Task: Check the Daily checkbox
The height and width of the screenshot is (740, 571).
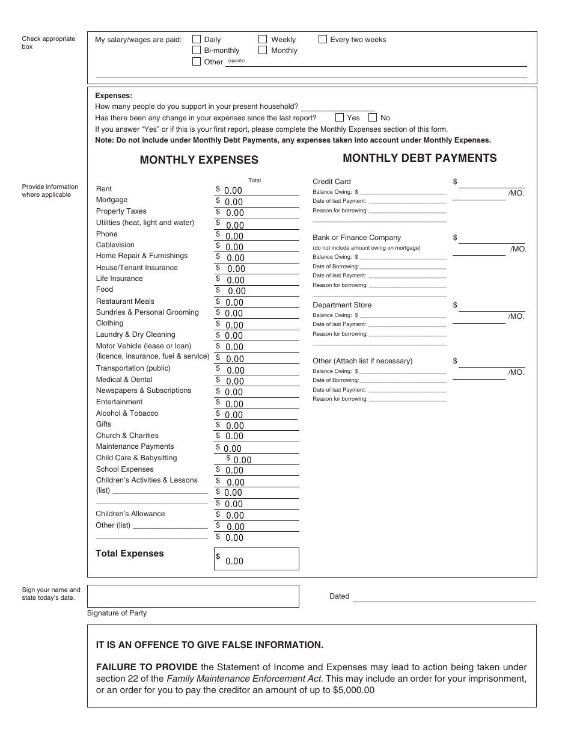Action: [197, 40]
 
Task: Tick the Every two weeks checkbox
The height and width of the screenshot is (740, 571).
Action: [323, 40]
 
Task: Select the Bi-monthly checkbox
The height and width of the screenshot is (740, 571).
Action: [197, 51]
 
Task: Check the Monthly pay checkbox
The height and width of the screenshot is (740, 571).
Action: [263, 51]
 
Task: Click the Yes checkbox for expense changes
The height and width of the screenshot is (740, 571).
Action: [340, 118]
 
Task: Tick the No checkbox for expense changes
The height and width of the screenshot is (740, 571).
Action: [373, 118]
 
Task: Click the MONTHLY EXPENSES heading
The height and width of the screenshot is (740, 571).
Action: [199, 160]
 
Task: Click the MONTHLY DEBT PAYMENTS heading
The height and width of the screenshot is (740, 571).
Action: [420, 158]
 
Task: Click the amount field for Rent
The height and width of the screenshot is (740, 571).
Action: [258, 191]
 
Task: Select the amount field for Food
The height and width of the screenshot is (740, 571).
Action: [258, 291]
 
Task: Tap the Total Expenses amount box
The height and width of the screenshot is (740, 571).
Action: [257, 559]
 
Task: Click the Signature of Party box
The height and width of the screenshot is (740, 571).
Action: [193, 596]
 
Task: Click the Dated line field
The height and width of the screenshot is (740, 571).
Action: [444, 596]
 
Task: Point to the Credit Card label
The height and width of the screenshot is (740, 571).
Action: [332, 182]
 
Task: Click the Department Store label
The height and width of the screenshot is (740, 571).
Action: [342, 305]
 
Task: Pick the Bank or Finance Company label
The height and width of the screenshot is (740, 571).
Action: [356, 238]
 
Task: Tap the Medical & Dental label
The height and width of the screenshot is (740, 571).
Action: [124, 380]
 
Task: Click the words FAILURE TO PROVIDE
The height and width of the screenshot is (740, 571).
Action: [147, 667]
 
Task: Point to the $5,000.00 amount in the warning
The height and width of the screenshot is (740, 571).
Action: [353, 690]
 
